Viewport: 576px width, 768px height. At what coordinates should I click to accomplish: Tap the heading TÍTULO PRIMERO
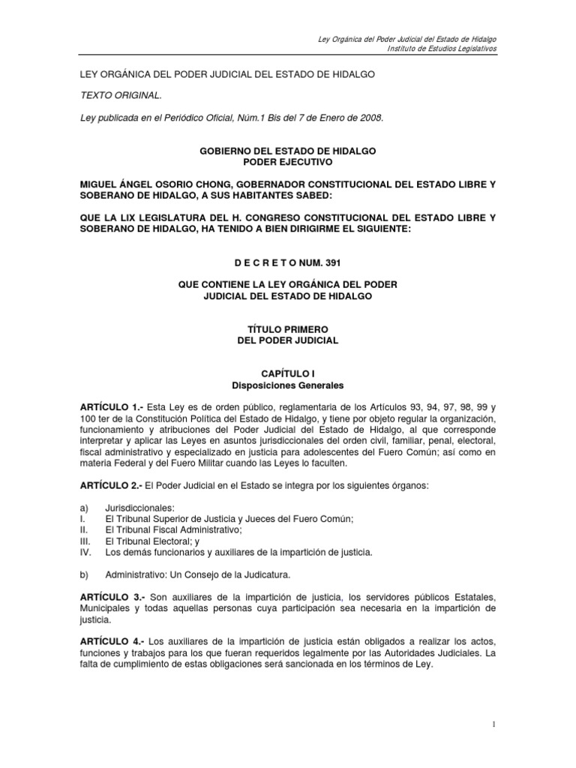coord(288,329)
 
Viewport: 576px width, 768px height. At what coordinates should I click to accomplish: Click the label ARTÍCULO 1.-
coord(112,406)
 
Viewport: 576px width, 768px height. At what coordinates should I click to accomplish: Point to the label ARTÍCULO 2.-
coord(112,465)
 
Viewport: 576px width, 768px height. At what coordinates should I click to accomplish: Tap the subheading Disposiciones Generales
coord(288,385)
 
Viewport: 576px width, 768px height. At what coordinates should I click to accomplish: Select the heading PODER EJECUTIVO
coord(288,162)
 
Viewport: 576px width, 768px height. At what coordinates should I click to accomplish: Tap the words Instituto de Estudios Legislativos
coord(441,49)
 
